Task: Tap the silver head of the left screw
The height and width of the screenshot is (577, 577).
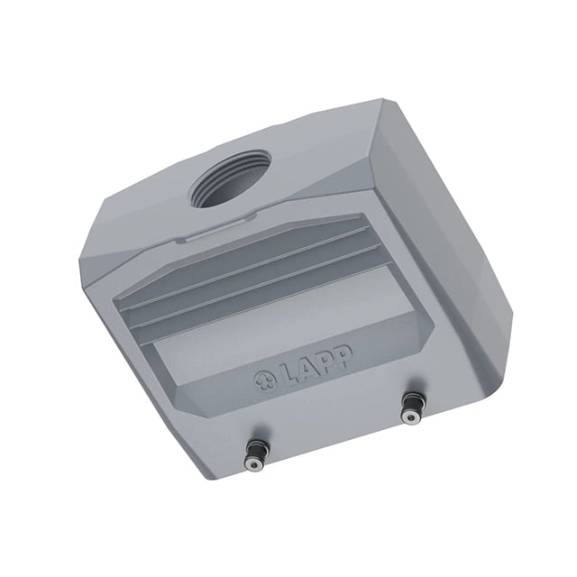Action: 254,465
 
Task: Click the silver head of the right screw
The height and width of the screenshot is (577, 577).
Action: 410,417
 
